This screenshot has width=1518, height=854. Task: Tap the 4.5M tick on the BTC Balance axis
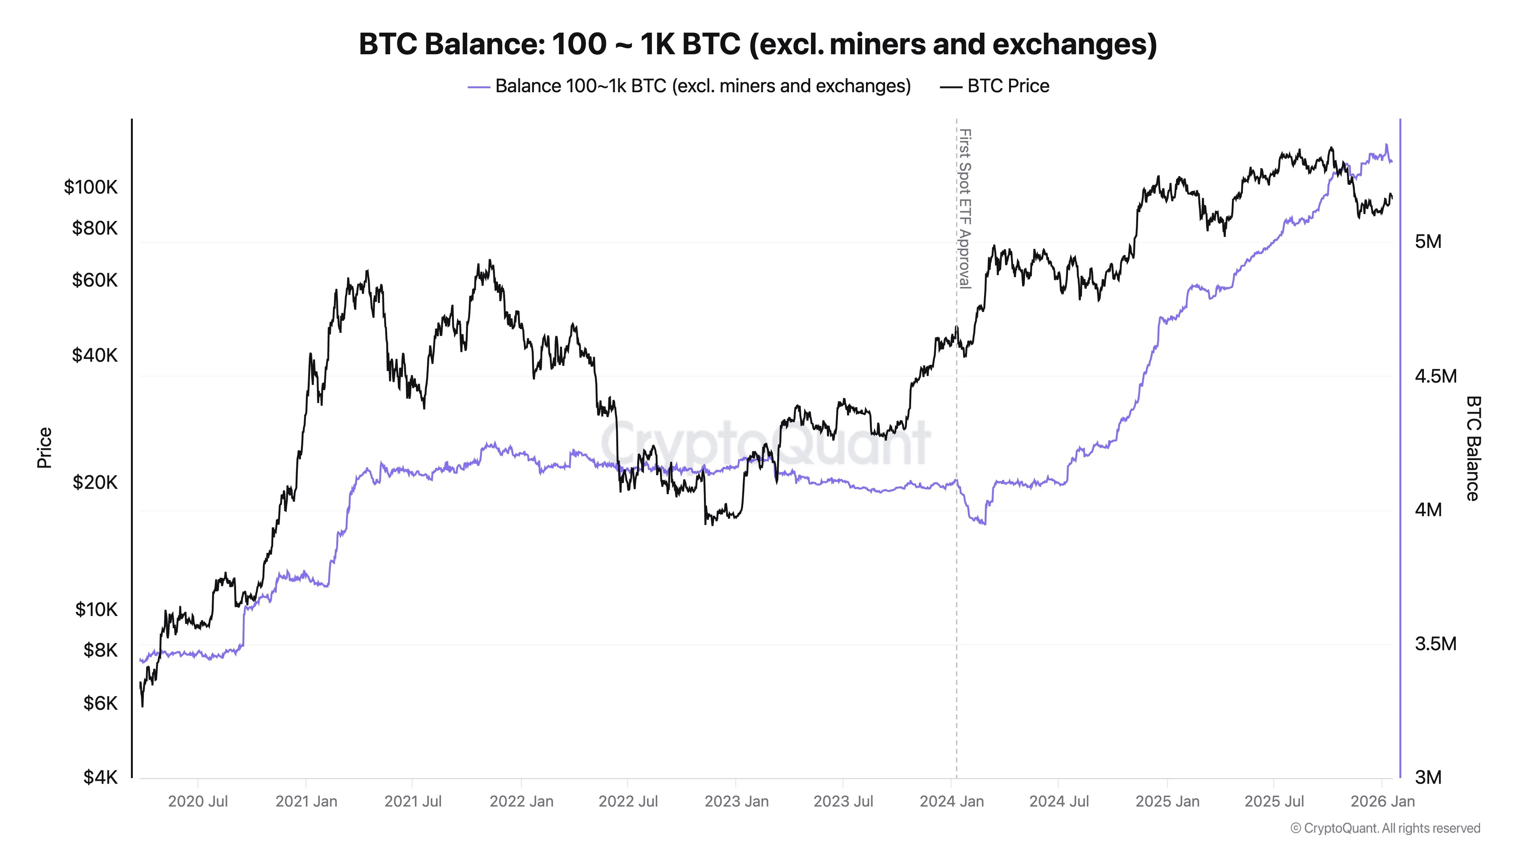pos(1435,376)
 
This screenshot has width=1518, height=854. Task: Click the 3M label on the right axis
pos(1428,777)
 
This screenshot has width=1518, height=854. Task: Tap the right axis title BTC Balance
pos(1472,448)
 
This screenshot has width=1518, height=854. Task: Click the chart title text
pos(758,44)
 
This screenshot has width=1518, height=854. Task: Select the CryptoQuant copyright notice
pos(1385,828)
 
